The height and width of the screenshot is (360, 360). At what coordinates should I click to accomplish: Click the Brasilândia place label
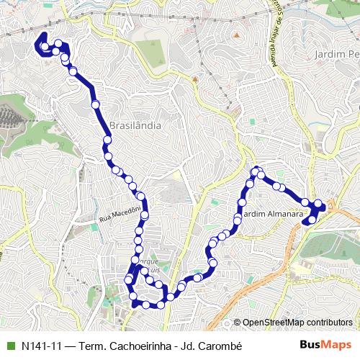[x=135, y=125]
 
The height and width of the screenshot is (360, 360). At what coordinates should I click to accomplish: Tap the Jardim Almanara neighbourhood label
[x=268, y=215]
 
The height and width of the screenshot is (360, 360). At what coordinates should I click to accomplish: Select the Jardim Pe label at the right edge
[x=337, y=54]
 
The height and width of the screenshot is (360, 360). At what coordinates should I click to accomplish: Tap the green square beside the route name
[x=9, y=346]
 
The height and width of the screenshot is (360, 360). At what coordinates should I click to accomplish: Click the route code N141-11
[x=42, y=346]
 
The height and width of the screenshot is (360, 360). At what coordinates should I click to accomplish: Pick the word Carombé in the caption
[x=219, y=346]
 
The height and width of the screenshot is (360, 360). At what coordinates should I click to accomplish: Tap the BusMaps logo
[x=325, y=345]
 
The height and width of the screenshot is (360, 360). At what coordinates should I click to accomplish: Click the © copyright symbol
[x=238, y=323]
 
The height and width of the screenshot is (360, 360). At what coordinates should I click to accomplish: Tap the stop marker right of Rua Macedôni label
[x=145, y=215]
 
